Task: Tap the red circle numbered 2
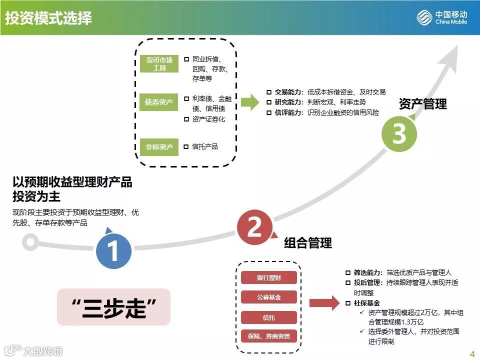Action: point(254,227)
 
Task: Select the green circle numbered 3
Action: point(399,133)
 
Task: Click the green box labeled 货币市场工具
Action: point(159,63)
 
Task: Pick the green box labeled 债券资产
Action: point(159,102)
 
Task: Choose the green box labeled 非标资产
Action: point(159,146)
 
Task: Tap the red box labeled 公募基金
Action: point(268,297)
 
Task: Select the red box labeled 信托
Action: point(268,317)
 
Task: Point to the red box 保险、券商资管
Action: point(268,336)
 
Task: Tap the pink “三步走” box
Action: point(113,307)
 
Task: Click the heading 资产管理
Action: point(422,104)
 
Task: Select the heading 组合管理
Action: point(307,243)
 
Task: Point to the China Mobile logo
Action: point(442,18)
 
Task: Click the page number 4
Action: point(471,354)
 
